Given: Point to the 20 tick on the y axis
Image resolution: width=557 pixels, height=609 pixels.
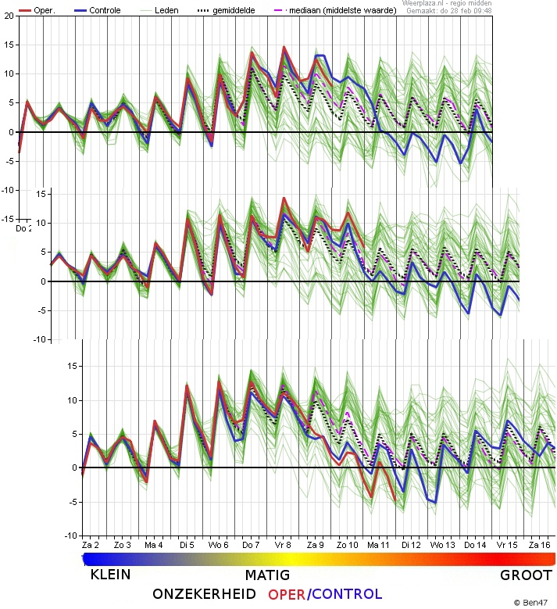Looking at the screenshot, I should (8, 16).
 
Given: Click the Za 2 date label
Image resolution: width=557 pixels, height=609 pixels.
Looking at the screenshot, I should (91, 544).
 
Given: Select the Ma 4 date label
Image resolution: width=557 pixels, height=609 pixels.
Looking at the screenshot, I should (153, 544).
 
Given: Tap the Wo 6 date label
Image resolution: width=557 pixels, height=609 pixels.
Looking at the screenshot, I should (218, 544).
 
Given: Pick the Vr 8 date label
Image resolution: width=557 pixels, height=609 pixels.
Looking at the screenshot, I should (282, 544).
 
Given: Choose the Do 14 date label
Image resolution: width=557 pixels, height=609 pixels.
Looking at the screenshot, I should (474, 544).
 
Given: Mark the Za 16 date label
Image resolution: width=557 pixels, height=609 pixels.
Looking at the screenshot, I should (538, 544).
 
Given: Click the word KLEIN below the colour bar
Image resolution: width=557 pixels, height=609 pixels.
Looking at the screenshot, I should (110, 575).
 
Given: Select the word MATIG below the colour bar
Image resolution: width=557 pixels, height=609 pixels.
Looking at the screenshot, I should (267, 575).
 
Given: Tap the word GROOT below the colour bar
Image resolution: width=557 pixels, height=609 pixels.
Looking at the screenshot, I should (527, 576).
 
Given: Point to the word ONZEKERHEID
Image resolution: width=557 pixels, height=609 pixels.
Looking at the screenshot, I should (205, 595).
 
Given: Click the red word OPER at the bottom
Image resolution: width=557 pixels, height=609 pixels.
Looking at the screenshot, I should (286, 595).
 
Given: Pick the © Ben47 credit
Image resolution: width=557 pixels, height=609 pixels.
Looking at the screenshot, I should (531, 602).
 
